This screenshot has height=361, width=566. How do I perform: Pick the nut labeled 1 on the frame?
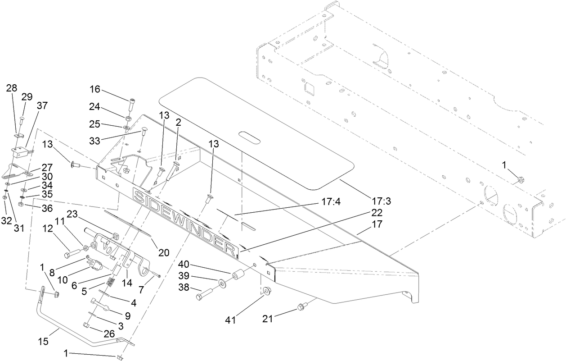520,179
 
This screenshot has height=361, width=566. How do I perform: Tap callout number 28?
12,88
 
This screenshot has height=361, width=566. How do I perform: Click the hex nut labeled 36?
21,205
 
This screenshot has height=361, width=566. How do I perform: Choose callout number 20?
164,252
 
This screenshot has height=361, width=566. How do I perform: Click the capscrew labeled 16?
132,105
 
